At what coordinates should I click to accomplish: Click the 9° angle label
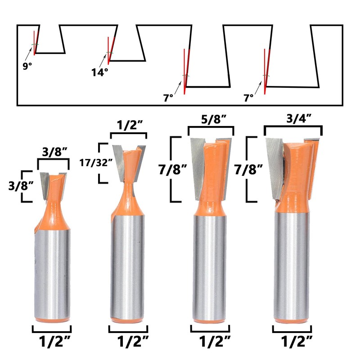coord(28,66)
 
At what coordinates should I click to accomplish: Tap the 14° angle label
coord(100,72)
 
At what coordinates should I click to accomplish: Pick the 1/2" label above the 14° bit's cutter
coord(129,125)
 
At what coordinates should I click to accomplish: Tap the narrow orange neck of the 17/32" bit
coord(129,189)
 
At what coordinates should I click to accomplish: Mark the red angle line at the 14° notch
coord(109,50)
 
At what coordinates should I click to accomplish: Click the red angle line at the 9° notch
coord(35,43)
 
